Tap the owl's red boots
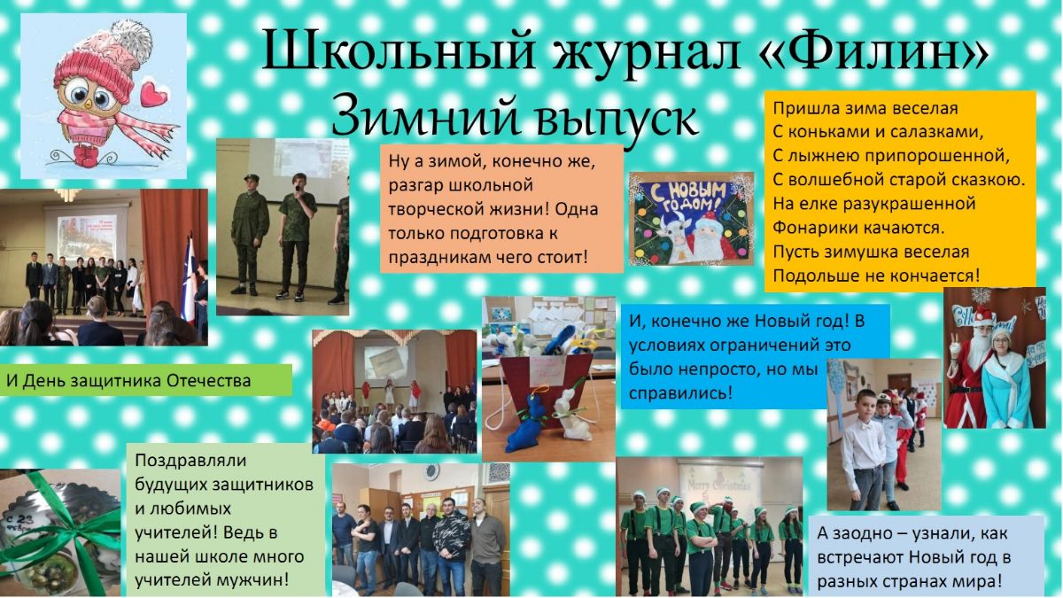point(87,156)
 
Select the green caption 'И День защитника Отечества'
point(128,381)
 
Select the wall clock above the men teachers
point(432,471)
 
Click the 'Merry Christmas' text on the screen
point(719,485)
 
